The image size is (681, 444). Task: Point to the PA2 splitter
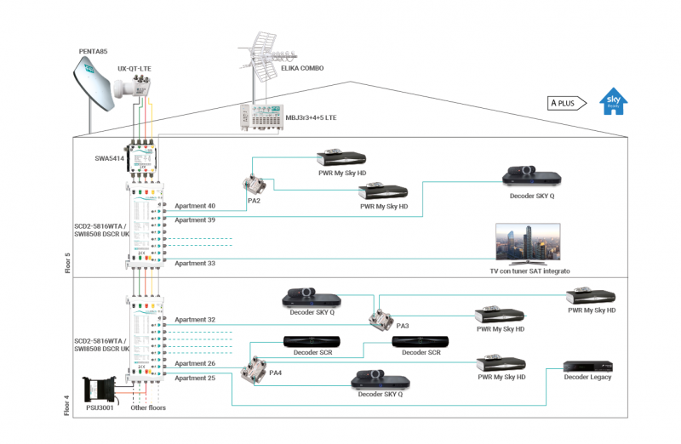point(253,185)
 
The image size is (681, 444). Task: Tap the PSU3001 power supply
point(100,392)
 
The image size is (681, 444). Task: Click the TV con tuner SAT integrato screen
point(528,244)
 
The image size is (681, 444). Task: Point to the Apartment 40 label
point(195,206)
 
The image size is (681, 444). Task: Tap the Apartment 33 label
point(195,264)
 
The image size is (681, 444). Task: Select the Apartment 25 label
point(195,377)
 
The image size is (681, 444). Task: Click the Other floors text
point(148,408)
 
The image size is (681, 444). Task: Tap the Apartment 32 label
point(195,320)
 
